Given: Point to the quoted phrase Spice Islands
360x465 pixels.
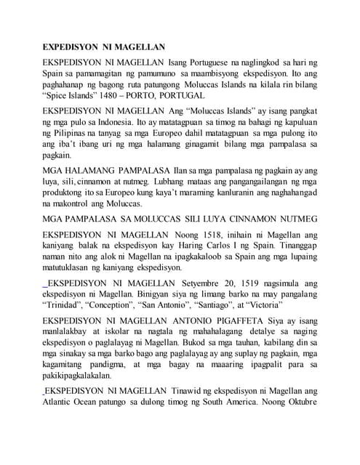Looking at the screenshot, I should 74,95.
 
